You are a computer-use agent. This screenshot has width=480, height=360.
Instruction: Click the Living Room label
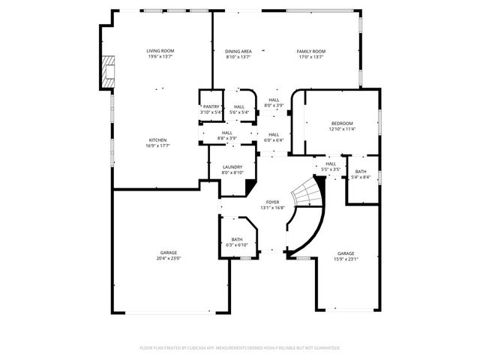pos(160,50)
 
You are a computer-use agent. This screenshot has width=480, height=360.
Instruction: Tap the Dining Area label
pos(238,50)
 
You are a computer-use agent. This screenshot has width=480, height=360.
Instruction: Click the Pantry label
pos(211,106)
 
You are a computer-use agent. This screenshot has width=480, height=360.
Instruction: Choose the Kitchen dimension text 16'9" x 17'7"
pos(157,146)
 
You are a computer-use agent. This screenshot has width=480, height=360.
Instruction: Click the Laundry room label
pos(232,166)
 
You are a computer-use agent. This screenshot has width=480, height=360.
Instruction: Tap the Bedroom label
pos(342,123)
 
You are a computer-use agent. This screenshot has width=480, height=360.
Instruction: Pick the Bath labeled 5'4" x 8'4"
pos(361,172)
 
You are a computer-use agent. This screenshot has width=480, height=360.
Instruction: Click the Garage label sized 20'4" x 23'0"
pos(169,253)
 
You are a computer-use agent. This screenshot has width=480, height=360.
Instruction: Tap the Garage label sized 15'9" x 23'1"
pos(346,253)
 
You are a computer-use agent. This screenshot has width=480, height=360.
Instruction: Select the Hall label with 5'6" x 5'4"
pos(238,106)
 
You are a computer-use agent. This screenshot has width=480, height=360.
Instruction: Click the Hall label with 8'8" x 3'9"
pos(226,133)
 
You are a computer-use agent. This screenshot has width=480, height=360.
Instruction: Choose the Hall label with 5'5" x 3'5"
pos(331,163)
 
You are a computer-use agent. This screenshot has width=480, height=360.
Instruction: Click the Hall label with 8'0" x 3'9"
pos(274,100)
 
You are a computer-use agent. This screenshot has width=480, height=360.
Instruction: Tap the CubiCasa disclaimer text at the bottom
pos(240,348)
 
